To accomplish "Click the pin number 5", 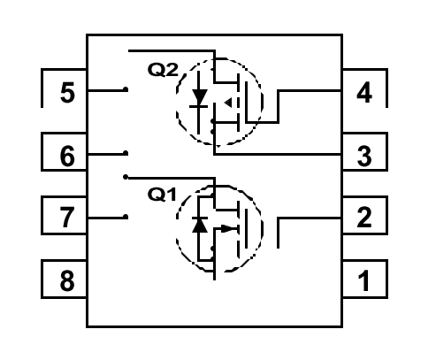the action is [x=67, y=93].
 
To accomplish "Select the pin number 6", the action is [x=67, y=156].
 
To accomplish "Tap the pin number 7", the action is [x=67, y=218].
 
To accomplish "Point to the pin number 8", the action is [x=67, y=280].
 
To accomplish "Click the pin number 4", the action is [x=364, y=93].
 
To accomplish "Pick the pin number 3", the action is [x=364, y=156].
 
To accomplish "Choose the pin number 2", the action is [x=364, y=218].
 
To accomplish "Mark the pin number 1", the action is [x=363, y=280].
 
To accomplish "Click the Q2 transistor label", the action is [x=163, y=70].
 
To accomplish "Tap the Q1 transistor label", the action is [x=162, y=195].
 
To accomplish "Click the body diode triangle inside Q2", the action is [x=199, y=97].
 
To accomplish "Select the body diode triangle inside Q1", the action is [x=199, y=225].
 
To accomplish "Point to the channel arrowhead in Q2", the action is [x=228, y=103].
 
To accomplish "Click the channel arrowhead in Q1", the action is [x=227, y=229].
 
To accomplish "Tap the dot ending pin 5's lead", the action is [x=126, y=89].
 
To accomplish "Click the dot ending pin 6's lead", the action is [x=126, y=153].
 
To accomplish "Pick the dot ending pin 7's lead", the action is [x=126, y=217].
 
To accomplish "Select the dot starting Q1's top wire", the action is [x=126, y=177].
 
